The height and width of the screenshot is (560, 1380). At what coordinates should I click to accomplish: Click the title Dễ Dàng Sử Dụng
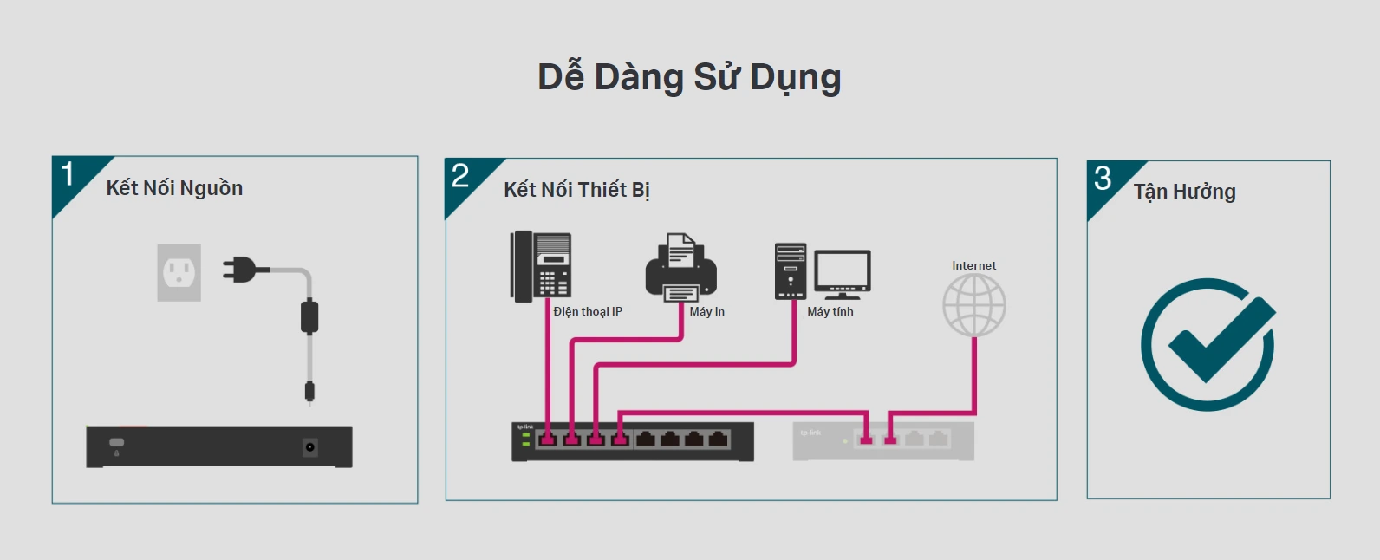click(x=689, y=77)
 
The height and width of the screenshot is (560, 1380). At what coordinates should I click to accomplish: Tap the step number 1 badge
click(x=68, y=174)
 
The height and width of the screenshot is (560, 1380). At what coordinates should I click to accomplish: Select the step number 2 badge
click(x=460, y=176)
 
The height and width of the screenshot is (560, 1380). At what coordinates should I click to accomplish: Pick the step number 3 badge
click(x=1103, y=179)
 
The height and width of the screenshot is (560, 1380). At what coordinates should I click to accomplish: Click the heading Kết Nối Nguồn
click(x=174, y=188)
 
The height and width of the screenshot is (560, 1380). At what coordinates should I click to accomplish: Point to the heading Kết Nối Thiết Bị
click(x=576, y=190)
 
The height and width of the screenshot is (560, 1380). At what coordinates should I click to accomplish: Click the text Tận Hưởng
click(x=1184, y=192)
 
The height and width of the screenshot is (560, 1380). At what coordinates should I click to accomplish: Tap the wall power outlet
click(x=179, y=273)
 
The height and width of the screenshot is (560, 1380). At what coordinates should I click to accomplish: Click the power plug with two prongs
click(x=241, y=270)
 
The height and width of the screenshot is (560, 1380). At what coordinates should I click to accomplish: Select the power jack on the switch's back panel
click(x=309, y=447)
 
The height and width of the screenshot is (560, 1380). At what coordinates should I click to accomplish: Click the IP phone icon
click(x=540, y=266)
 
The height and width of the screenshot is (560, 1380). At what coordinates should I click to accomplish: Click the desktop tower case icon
click(x=790, y=271)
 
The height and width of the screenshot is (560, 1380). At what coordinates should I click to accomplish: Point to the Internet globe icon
click(x=973, y=305)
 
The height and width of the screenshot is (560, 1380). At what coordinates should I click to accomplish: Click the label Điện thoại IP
click(x=588, y=312)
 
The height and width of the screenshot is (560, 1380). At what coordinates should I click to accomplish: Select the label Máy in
click(x=706, y=312)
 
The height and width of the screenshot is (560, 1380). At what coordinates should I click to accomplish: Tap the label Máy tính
click(x=830, y=312)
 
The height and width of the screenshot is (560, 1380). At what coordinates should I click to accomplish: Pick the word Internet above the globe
click(x=973, y=266)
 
